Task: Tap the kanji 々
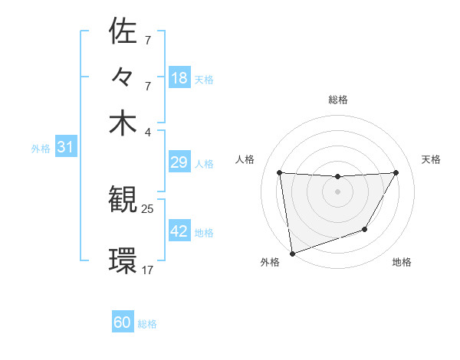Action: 123,77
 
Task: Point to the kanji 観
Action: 123,200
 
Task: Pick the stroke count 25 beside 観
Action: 148,208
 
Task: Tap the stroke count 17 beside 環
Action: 148,270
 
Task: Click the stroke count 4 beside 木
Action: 148,131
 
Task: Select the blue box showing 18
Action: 179,77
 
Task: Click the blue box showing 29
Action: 179,162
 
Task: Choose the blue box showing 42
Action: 179,231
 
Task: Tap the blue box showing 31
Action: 64,147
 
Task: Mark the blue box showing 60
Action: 123,322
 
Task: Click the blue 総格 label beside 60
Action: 147,324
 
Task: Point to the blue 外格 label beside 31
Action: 41,149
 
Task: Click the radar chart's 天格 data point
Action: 396,172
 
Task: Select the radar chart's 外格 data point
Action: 291,253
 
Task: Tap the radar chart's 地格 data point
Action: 365,229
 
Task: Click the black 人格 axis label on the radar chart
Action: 245,159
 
